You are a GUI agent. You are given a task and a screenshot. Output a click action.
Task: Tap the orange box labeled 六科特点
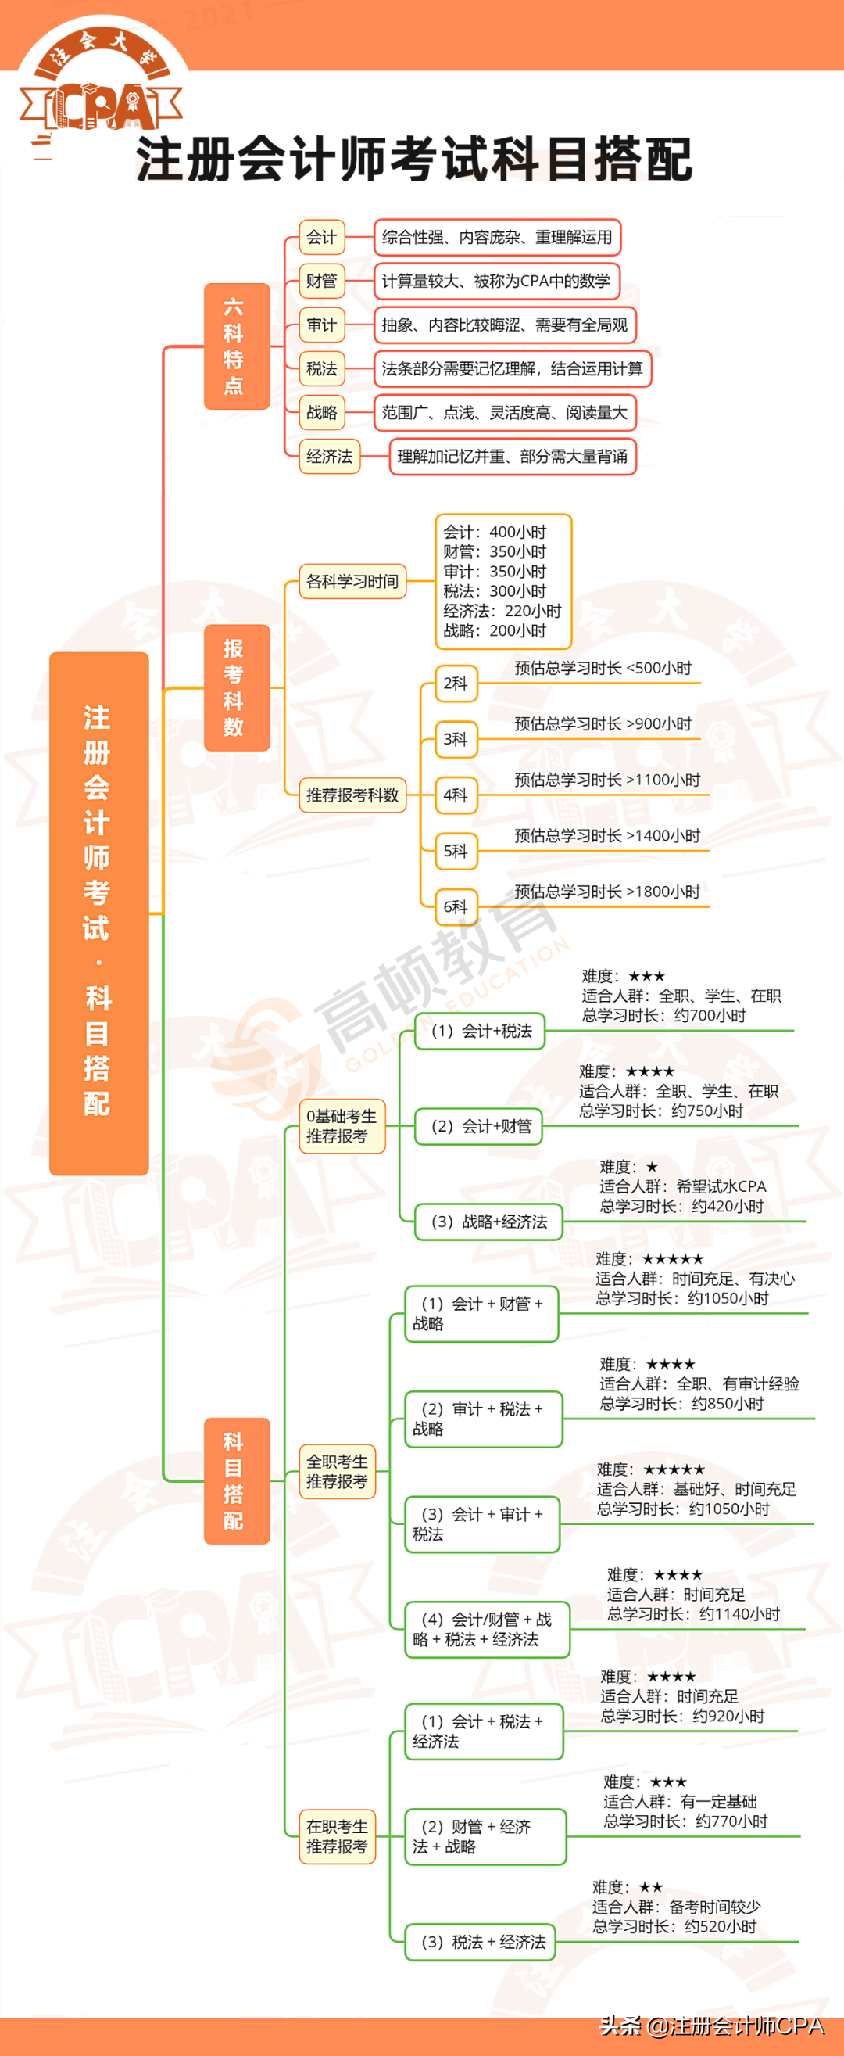tap(236, 346)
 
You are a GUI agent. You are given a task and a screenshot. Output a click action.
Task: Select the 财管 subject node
tap(321, 281)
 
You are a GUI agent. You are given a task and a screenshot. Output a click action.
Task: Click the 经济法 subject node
tap(330, 457)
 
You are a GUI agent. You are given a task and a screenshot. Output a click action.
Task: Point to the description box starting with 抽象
tap(504, 325)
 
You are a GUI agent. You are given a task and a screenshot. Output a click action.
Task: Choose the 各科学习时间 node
tap(352, 581)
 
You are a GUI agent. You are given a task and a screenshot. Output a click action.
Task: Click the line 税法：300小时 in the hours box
tap(495, 591)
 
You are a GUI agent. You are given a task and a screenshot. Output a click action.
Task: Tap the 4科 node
tap(456, 795)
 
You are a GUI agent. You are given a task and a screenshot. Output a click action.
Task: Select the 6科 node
tap(456, 906)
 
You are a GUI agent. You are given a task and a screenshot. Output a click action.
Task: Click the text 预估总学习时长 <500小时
tap(603, 668)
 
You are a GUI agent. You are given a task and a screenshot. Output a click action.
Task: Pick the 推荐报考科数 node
tap(352, 795)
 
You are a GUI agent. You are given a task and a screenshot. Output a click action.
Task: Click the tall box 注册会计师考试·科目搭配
tap(99, 913)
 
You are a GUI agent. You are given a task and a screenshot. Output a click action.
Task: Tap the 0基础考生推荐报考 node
tap(342, 1126)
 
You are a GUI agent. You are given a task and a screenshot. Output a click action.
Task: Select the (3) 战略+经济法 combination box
tap(488, 1222)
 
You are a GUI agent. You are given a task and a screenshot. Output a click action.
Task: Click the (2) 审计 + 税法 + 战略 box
tap(483, 1419)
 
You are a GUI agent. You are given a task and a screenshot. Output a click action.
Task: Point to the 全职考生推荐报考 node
tap(337, 1472)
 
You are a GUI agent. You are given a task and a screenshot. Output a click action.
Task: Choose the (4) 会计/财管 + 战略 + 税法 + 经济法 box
tap(487, 1630)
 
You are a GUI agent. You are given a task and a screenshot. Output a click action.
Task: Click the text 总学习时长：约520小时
tap(674, 1927)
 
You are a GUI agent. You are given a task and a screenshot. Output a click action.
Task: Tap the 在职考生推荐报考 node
tap(337, 1836)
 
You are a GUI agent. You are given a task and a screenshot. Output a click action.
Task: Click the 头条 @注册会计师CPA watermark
tap(712, 2026)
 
